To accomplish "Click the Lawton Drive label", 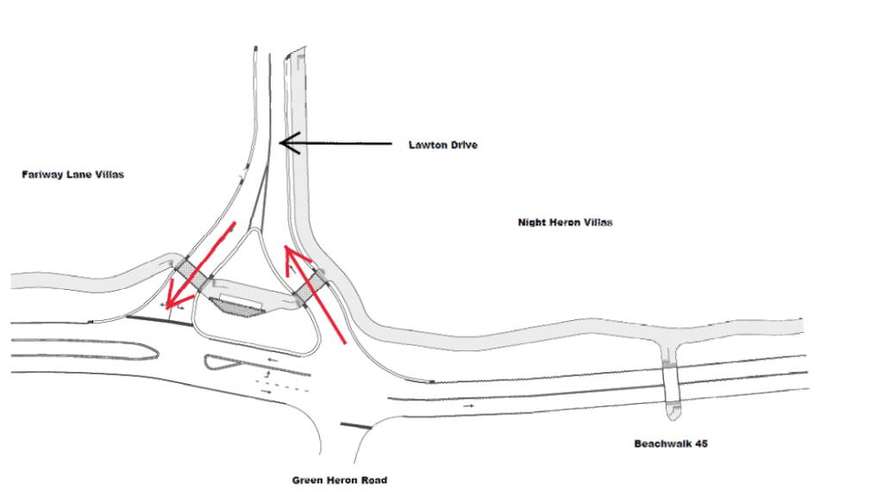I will (442, 145).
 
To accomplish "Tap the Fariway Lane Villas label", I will (72, 174).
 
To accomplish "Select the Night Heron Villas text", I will (565, 222).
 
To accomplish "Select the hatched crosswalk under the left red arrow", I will (191, 274).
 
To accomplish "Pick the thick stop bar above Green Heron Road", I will (356, 425).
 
